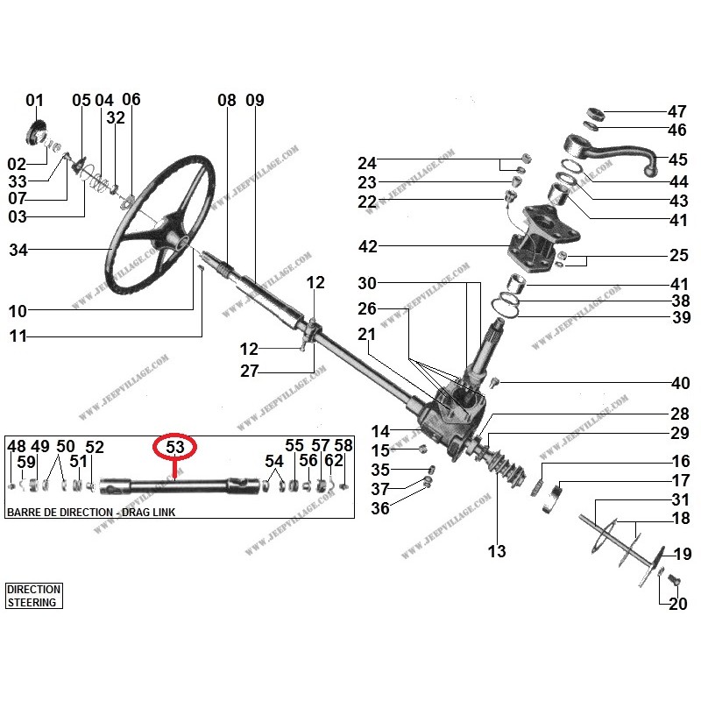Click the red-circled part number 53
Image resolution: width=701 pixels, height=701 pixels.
tap(175, 447)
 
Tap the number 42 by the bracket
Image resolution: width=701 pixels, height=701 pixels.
tap(367, 247)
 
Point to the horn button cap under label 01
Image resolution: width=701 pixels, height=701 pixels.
tap(38, 134)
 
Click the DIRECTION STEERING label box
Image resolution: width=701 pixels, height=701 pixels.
tap(33, 596)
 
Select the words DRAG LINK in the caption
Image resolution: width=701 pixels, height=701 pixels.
tap(145, 512)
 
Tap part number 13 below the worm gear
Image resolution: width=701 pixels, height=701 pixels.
tap(497, 551)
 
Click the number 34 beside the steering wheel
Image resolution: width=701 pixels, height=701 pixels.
tap(19, 251)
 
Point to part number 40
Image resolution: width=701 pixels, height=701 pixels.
tap(679, 383)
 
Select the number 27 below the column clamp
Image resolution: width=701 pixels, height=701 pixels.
tap(250, 372)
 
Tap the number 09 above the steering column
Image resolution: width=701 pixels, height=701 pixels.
tap(254, 101)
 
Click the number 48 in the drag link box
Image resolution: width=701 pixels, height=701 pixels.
tap(17, 447)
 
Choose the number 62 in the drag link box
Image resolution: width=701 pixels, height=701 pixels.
tap(334, 461)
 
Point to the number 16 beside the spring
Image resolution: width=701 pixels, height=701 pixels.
tap(680, 462)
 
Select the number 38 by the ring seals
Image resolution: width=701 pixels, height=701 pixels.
tap(680, 301)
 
